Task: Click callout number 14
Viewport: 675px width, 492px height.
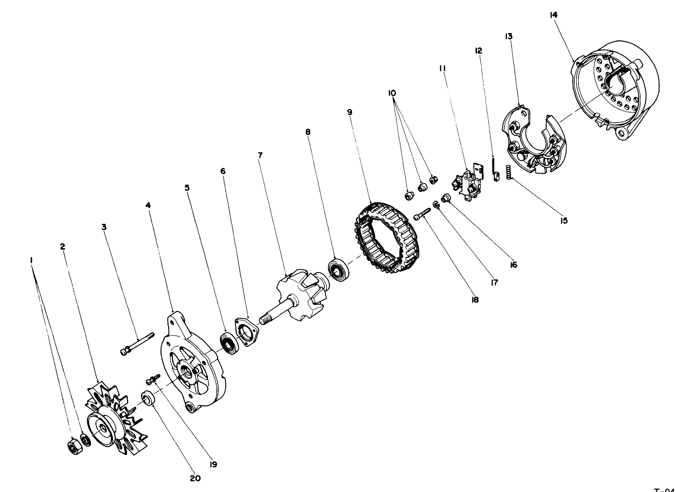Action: (x=553, y=15)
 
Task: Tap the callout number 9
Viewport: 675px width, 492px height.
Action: (x=350, y=111)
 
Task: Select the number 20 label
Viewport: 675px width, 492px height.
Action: (x=195, y=478)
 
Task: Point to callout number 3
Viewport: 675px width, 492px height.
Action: (x=104, y=227)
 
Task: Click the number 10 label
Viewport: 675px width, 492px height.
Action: (x=392, y=92)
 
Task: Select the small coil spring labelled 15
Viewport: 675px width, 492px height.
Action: (x=508, y=172)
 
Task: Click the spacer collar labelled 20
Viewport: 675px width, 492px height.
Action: (x=148, y=398)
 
